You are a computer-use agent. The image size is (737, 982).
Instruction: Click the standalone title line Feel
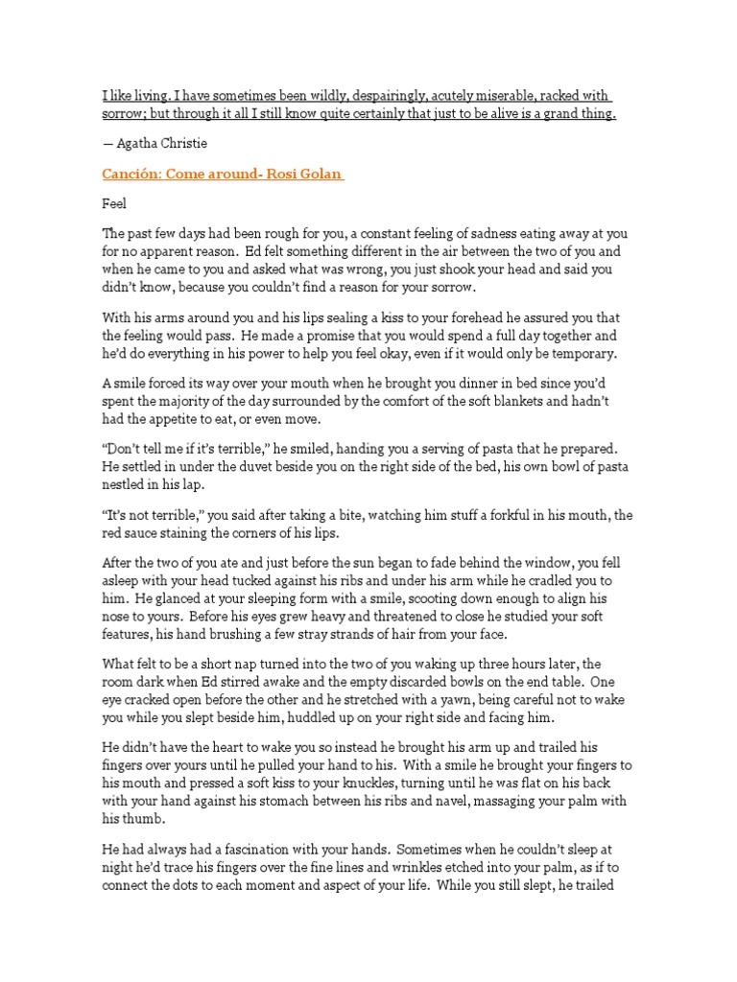(x=113, y=204)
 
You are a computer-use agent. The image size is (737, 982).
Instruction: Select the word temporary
(x=582, y=353)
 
